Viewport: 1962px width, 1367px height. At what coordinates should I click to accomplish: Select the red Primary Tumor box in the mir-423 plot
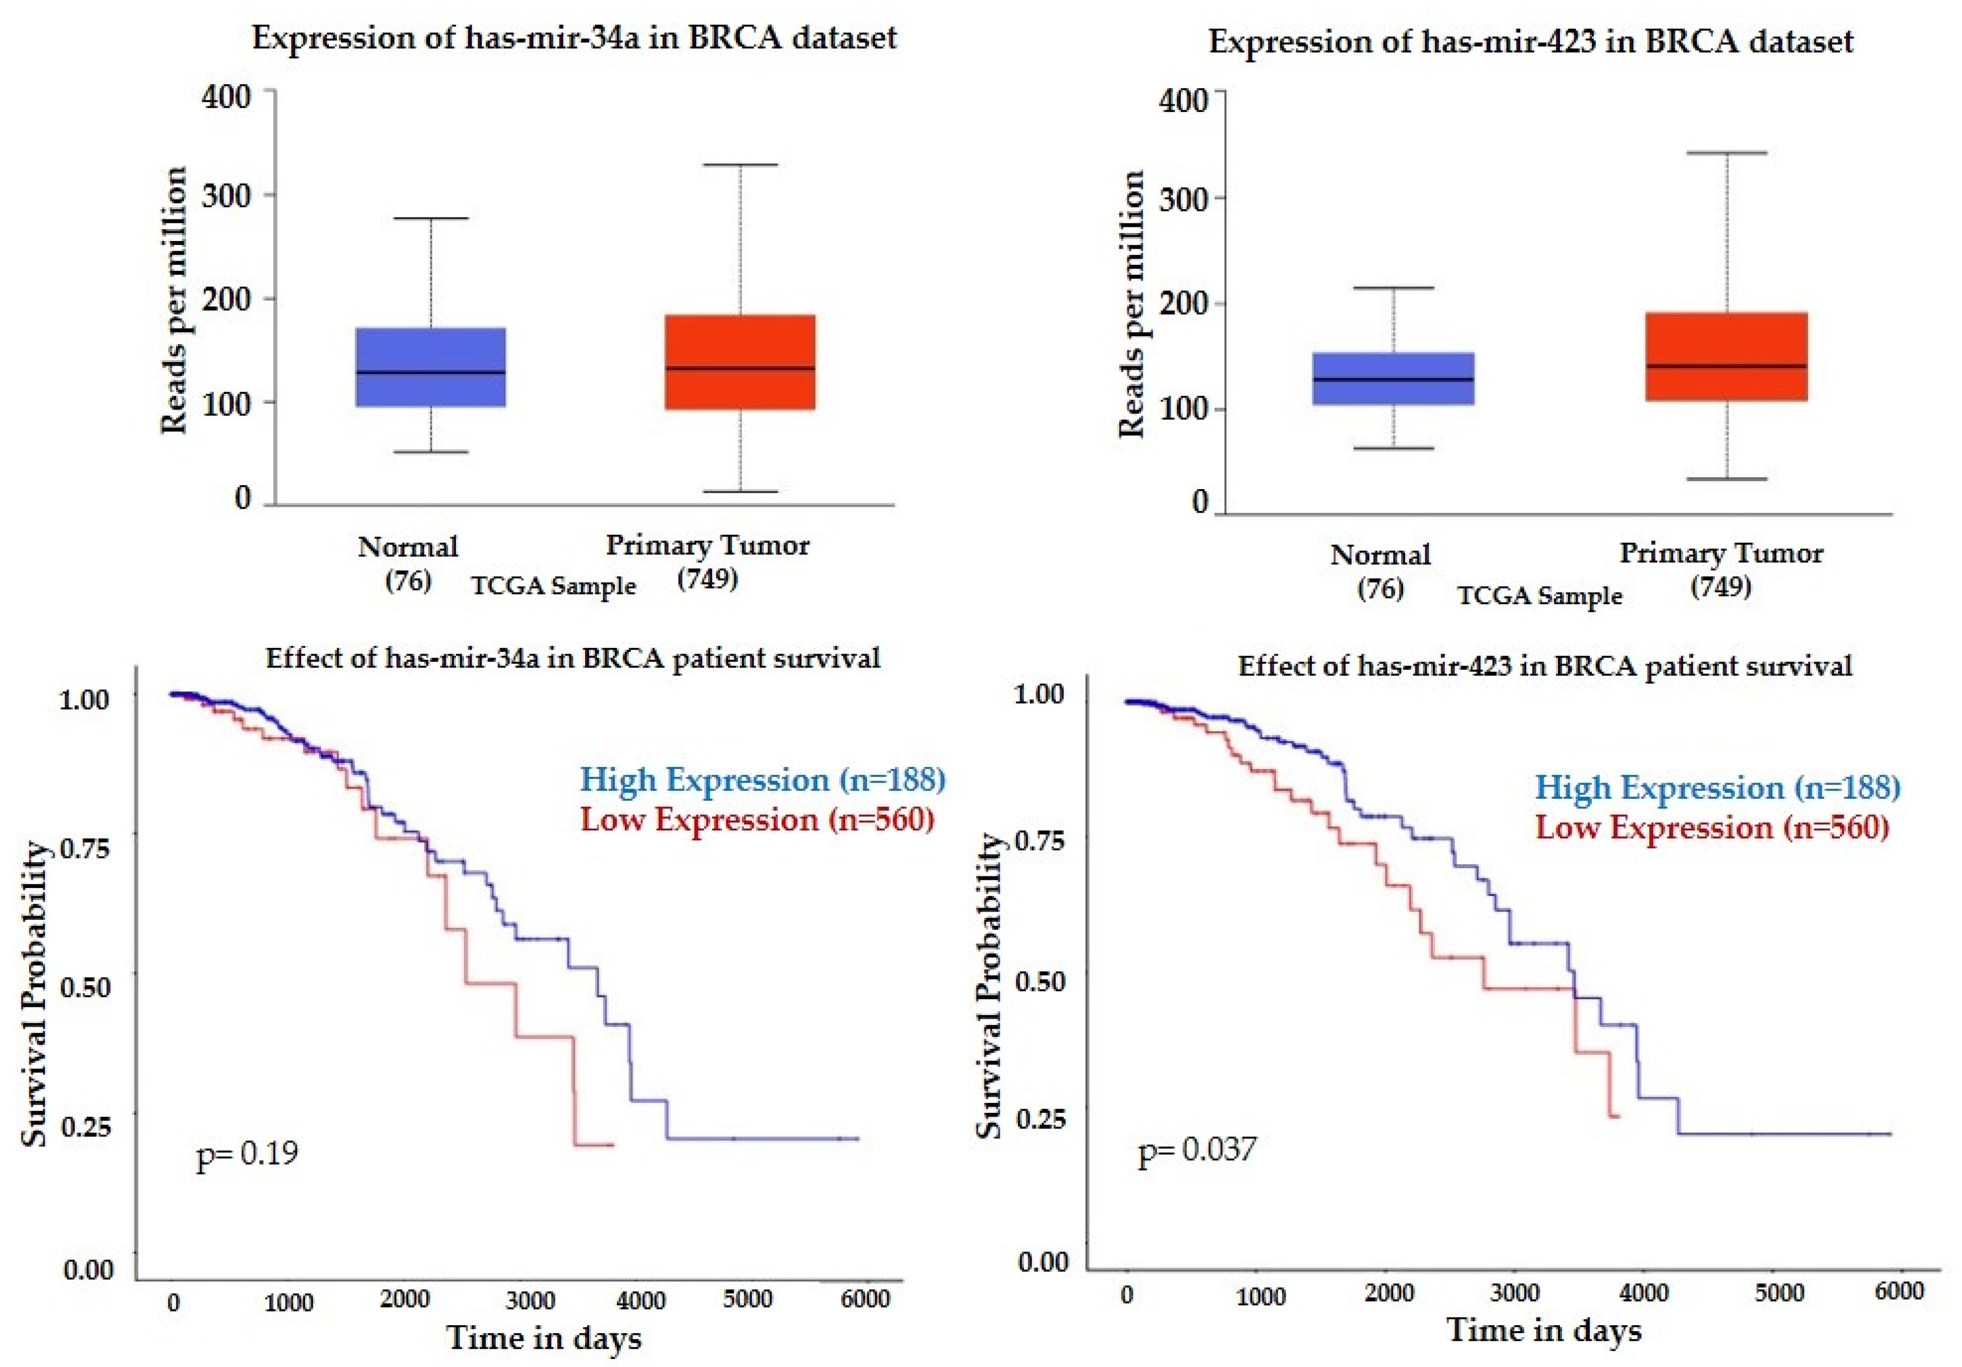1726,356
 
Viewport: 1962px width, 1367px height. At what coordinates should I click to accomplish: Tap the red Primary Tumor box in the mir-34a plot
740,362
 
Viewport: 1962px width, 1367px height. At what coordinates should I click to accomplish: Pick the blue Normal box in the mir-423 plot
1393,379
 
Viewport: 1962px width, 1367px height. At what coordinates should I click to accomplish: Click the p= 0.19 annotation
247,1153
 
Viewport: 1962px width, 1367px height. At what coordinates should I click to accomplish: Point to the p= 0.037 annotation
1197,1150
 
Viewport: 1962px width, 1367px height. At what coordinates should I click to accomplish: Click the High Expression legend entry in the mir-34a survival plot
762,779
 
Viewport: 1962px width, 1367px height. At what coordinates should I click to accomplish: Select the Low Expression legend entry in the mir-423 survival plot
1712,827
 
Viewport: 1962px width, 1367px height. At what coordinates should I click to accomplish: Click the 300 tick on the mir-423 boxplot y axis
1184,200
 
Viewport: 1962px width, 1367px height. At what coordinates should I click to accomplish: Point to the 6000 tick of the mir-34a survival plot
865,1299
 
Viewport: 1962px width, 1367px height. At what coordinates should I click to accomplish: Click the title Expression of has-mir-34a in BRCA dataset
574,38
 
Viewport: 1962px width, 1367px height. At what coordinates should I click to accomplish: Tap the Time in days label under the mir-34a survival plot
544,1337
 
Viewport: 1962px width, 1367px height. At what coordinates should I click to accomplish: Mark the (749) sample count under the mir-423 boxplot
1721,587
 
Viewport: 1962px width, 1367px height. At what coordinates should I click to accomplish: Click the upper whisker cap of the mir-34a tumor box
740,164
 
